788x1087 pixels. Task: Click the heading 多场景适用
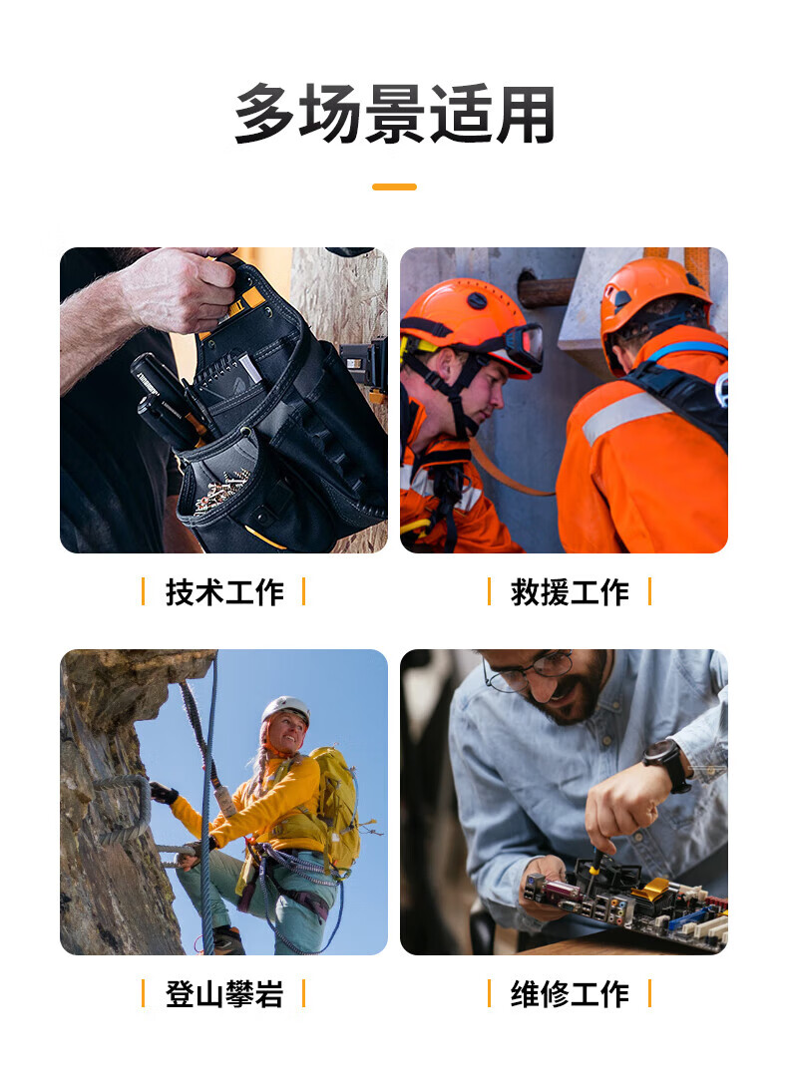click(x=394, y=115)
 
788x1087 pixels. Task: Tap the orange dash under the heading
click(x=394, y=186)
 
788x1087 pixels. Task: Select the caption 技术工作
click(x=224, y=592)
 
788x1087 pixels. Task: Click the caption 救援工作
click(x=570, y=592)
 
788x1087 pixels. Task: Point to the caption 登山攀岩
click(x=224, y=994)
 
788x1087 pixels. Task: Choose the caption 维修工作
click(x=570, y=994)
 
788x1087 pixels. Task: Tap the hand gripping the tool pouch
click(x=184, y=289)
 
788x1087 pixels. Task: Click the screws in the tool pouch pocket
click(x=222, y=488)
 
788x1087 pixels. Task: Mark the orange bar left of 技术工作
click(x=143, y=591)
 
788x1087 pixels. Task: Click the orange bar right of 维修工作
click(x=649, y=993)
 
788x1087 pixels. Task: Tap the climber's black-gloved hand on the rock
click(x=163, y=793)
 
